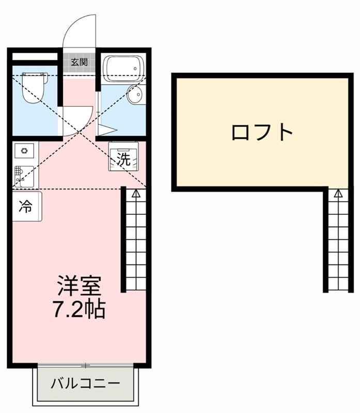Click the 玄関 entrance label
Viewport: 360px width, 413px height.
tap(79, 62)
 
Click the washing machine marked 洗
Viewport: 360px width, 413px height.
tap(123, 159)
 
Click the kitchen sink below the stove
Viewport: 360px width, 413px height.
tap(25, 176)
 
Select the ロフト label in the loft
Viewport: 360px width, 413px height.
tap(262, 133)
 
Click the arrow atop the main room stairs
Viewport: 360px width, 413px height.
tap(135, 194)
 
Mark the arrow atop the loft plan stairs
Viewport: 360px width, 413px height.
tap(338, 194)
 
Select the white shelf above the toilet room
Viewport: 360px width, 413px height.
tap(34, 56)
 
